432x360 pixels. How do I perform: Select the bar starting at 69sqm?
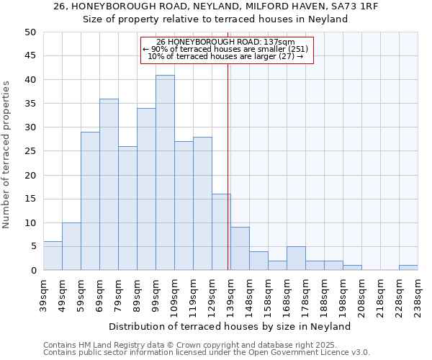click(109, 184)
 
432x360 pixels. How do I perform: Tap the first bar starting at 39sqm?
click(53, 256)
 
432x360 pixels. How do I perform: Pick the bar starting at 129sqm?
click(221, 232)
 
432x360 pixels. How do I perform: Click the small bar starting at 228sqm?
click(408, 268)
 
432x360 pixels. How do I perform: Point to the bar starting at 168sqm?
click(296, 258)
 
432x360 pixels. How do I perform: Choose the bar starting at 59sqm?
click(90, 201)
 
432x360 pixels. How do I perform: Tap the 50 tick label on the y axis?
click(30, 32)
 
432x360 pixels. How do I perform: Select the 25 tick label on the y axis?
click(30, 151)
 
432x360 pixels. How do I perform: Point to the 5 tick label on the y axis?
click(32, 246)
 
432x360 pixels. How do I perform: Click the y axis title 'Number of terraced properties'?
click(7, 155)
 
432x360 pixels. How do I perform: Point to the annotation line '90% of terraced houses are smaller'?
click(227, 49)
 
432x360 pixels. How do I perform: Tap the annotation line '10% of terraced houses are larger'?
click(227, 56)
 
